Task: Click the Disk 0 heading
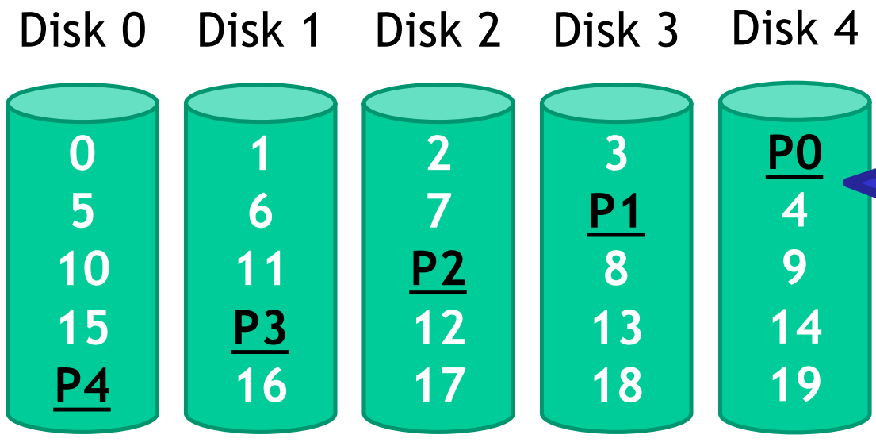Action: (82, 31)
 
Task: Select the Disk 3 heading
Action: (616, 31)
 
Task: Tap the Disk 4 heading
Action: (794, 29)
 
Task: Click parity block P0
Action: (794, 154)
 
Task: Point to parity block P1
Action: (616, 212)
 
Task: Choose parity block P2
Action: (438, 270)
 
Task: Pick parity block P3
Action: (260, 328)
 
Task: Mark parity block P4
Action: (82, 386)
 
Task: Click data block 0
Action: (82, 154)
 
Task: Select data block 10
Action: (82, 270)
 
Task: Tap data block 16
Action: (260, 386)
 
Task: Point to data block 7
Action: (438, 212)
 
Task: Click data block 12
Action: (438, 328)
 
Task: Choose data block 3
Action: (616, 154)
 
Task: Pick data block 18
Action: (616, 386)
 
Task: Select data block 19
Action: (794, 386)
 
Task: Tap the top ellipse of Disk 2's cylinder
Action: (438, 103)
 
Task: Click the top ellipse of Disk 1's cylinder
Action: (260, 103)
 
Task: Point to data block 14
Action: (794, 328)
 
